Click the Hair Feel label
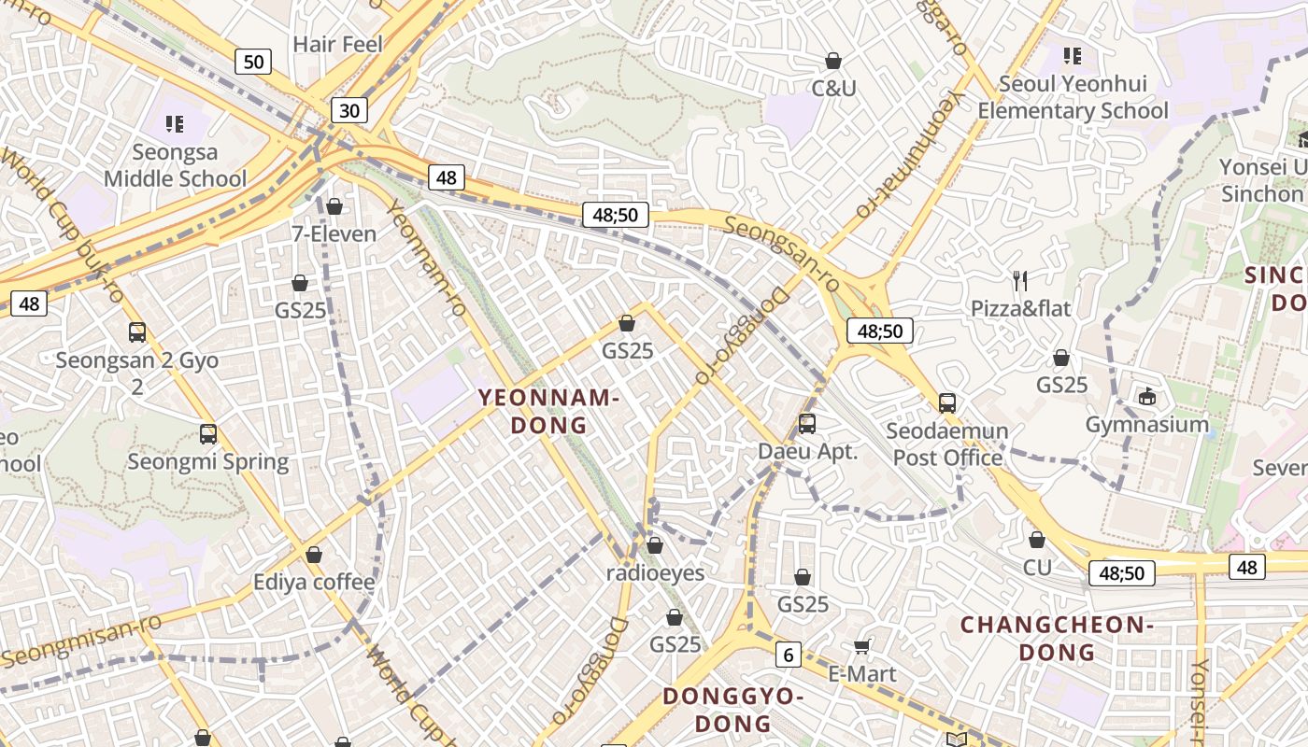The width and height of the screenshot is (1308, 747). pos(337,44)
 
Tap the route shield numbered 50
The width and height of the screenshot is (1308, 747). pos(252,63)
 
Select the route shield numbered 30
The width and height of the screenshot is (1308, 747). pos(348,111)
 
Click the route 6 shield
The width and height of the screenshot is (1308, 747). pos(789,655)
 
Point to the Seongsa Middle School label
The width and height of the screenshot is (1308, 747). pos(175,165)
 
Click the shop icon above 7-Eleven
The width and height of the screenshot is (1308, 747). pos(334,206)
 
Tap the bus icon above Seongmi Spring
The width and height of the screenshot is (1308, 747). pos(208,434)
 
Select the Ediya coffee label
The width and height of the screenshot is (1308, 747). pos(314,583)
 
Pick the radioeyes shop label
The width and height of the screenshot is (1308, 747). pos(656,572)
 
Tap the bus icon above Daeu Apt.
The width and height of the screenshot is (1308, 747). pos(807,424)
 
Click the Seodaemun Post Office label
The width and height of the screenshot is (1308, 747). pos(947,444)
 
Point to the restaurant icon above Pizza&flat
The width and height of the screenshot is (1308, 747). pos(1020,279)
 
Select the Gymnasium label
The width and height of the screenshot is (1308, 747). pos(1147,425)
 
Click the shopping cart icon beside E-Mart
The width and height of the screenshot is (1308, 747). pos(862,646)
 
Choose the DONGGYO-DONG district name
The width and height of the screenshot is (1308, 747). pos(733,710)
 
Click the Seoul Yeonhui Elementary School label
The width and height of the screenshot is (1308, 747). pos(1073,97)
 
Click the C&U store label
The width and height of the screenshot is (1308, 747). pos(833,89)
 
